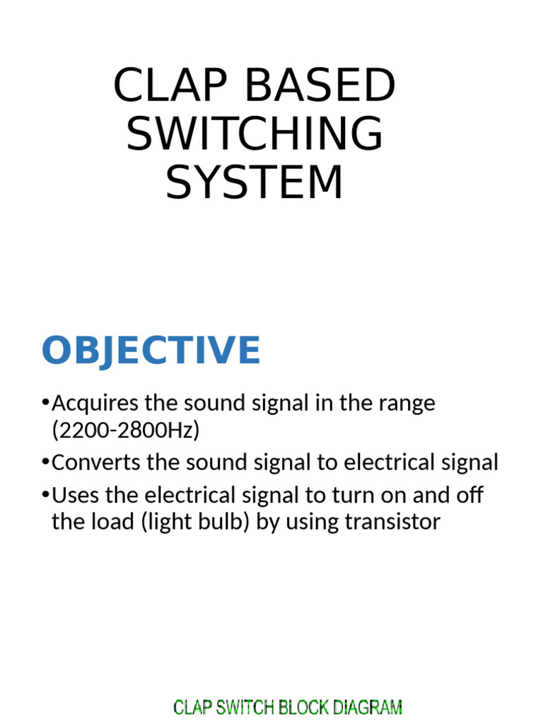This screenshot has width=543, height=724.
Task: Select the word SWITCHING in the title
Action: [255, 134]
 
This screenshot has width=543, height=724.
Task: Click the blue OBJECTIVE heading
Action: [151, 351]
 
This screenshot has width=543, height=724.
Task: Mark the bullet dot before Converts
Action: [46, 462]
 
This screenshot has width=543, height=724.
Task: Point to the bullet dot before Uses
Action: [46, 494]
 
